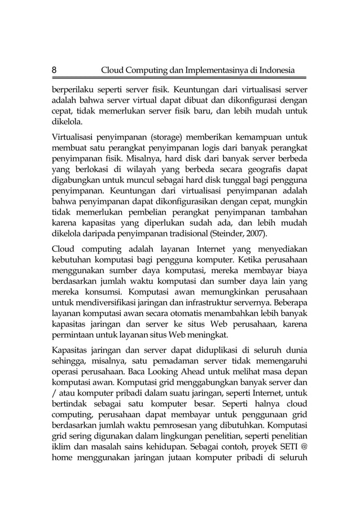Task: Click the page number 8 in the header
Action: click(54, 71)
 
